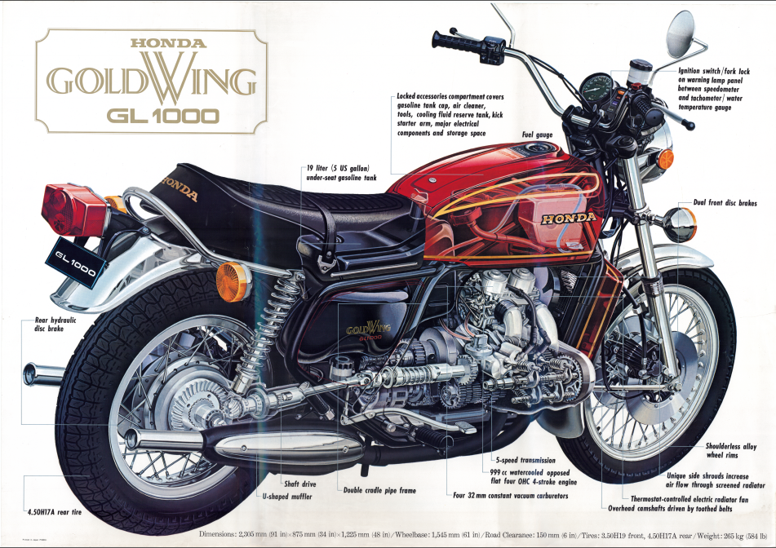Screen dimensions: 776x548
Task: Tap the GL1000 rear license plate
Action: pos(76,263)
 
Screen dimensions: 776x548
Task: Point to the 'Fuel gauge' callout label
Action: pos(537,135)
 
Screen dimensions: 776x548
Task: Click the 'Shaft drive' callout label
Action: pos(300,484)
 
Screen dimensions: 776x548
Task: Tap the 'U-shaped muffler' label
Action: pos(287,496)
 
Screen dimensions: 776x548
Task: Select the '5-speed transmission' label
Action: pos(525,460)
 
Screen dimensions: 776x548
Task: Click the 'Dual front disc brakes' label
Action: pos(725,203)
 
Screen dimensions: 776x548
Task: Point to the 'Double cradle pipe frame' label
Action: pos(379,490)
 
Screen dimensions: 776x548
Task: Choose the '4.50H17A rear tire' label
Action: pos(55,512)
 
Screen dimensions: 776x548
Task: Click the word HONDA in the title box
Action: pos(168,43)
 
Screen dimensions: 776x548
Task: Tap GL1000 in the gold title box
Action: pos(162,116)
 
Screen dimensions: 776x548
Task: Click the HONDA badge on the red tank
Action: pos(569,218)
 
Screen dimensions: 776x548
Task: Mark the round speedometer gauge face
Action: pos(596,87)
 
